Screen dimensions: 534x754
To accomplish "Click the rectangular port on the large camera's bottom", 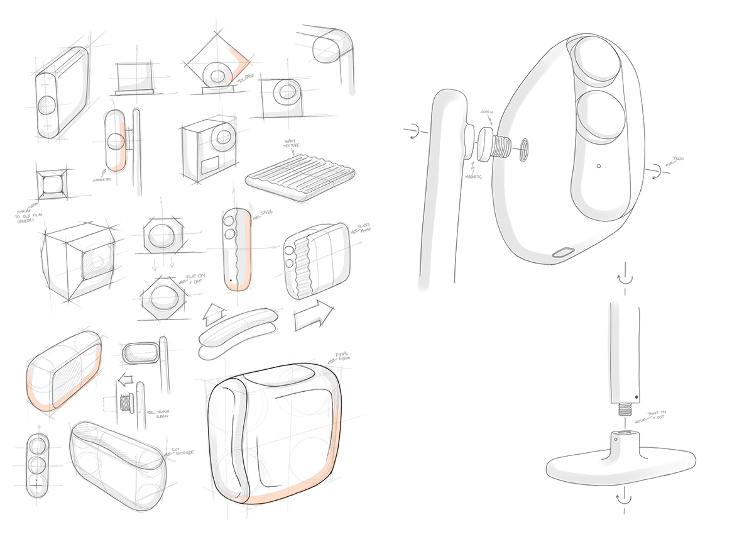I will pyautogui.click(x=564, y=252).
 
